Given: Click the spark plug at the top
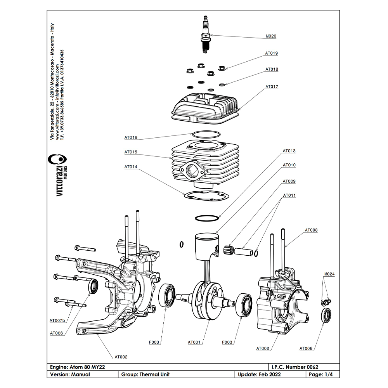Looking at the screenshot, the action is coord(205,34).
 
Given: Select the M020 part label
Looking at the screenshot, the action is coord(271,36).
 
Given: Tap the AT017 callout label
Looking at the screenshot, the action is coord(272,87).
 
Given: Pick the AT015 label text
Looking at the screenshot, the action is coord(131,152).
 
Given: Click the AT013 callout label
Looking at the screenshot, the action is coord(289,151).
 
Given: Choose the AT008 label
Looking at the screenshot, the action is coord(311,230).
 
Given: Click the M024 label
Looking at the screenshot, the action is coord(329,274).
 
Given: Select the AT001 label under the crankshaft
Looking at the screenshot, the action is coord(194,342).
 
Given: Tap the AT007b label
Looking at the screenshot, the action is coord(57,321).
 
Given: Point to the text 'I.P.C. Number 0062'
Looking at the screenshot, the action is coord(295,367).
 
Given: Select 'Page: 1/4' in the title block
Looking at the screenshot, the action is coord(321,374).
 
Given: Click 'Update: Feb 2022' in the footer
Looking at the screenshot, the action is coord(259,374).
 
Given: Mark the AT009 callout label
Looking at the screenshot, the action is coord(289,181).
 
